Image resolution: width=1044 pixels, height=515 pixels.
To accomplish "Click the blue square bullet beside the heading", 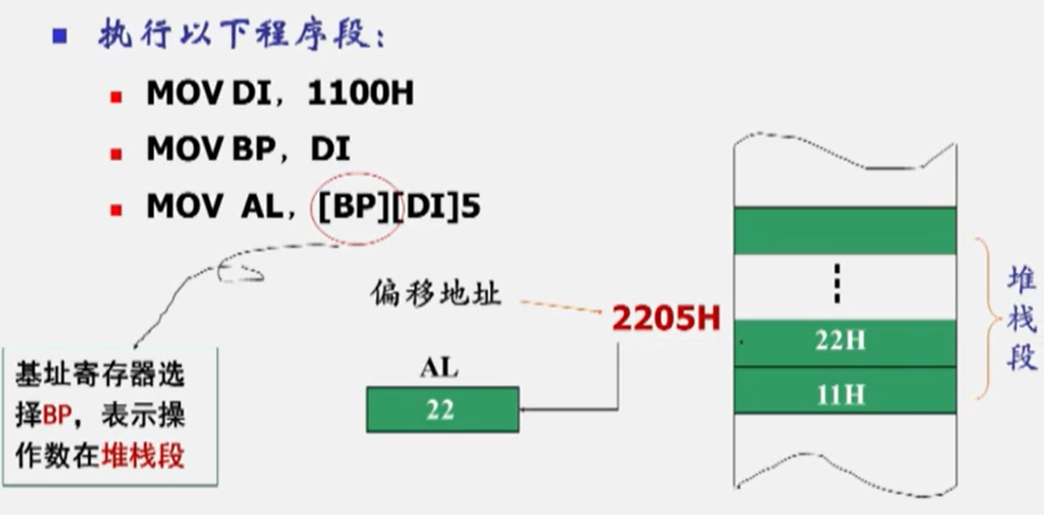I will (59, 36).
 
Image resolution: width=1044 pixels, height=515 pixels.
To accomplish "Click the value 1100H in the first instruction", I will (361, 94).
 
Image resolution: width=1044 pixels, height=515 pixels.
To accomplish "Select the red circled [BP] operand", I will (352, 207).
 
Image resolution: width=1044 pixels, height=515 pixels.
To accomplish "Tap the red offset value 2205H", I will (666, 318).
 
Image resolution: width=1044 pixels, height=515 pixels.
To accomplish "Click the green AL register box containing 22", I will (442, 410).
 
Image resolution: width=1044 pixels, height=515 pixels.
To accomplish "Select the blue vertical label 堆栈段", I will (1022, 319).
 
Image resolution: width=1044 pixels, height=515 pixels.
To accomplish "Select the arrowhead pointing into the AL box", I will (525, 410).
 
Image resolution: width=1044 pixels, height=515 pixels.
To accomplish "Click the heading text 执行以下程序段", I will (241, 36).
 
